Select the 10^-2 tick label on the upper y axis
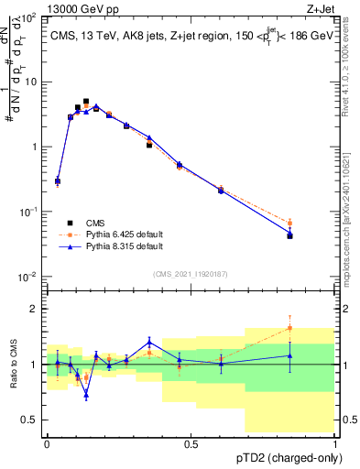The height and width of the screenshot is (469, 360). coord(28,277)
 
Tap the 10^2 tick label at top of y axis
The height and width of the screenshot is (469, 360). coord(28,17)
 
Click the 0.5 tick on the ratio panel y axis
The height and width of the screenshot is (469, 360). coord(32,420)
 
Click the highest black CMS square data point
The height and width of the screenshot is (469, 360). coord(86,102)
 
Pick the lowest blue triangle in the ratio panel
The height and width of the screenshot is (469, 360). coord(86,395)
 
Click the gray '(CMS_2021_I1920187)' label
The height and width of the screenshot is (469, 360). coord(190,274)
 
